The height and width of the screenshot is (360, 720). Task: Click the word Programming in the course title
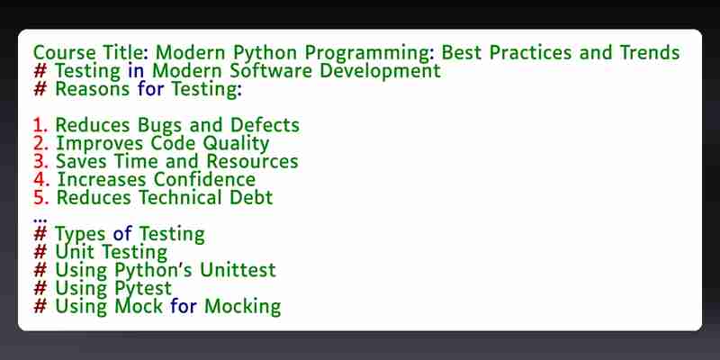369,53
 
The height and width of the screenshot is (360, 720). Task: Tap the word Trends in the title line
650,52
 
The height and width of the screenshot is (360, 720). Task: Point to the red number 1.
40,125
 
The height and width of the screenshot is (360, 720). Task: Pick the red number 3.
40,161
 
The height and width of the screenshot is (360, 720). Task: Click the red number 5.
40,197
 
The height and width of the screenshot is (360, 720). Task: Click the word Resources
252,161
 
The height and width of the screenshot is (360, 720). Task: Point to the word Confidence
204,179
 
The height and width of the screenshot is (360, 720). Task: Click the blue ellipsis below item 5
40,220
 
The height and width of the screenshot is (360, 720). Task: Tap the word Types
80,235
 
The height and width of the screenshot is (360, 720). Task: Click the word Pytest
143,289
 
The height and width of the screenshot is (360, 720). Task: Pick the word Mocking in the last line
242,307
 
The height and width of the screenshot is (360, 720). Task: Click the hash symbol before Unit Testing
40,252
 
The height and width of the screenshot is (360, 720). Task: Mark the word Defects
265,125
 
